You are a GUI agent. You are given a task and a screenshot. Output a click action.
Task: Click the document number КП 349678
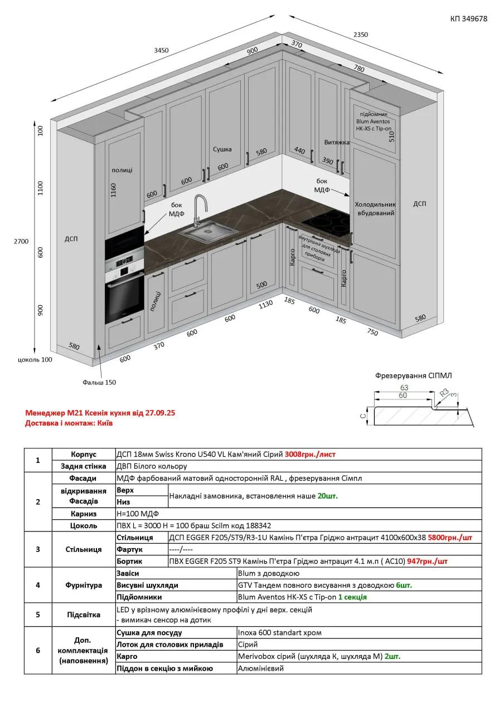(468, 18)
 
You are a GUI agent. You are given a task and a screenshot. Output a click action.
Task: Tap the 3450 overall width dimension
(161, 50)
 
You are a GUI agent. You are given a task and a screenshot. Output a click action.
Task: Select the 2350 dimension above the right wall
(361, 35)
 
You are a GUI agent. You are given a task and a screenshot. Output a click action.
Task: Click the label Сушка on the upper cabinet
(222, 149)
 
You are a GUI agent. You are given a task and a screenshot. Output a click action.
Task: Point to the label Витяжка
(337, 143)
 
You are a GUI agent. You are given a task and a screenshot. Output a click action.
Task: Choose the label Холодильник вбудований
(375, 208)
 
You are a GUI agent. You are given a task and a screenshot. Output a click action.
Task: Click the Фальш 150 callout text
(99, 382)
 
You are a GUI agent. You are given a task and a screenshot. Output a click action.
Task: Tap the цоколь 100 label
(35, 359)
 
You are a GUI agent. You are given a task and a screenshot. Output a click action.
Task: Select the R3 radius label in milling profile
(444, 392)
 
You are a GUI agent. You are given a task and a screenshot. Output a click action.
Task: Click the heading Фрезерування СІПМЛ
(414, 375)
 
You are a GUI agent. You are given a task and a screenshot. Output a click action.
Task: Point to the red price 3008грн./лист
(310, 454)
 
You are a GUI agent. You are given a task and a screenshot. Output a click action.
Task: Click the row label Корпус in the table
(84, 454)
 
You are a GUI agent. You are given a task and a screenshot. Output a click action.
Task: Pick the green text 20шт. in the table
(327, 495)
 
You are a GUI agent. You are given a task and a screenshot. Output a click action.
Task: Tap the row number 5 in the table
(38, 614)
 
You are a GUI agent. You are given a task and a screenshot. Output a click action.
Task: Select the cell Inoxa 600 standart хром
(279, 632)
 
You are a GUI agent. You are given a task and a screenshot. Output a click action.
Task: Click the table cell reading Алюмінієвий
(260, 668)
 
